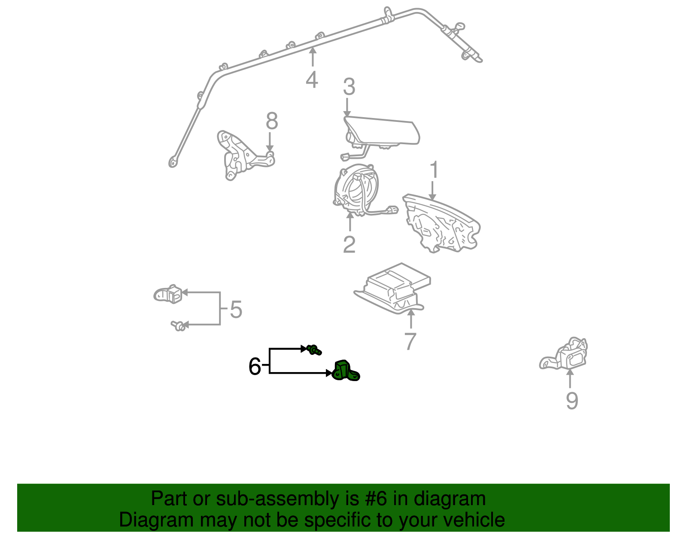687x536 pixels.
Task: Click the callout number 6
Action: [255, 366]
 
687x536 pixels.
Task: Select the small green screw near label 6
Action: [314, 350]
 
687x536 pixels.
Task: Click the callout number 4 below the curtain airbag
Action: [312, 80]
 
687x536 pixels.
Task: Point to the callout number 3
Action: [349, 87]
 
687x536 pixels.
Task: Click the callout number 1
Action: [434, 170]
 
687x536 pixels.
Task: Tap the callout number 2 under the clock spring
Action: [349, 245]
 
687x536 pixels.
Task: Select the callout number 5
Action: [236, 309]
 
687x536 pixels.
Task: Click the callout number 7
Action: [410, 342]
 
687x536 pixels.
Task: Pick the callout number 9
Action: [571, 401]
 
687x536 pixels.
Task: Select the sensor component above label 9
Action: [566, 355]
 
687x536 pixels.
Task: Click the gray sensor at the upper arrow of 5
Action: [168, 294]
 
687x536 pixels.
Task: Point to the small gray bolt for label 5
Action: [178, 326]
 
